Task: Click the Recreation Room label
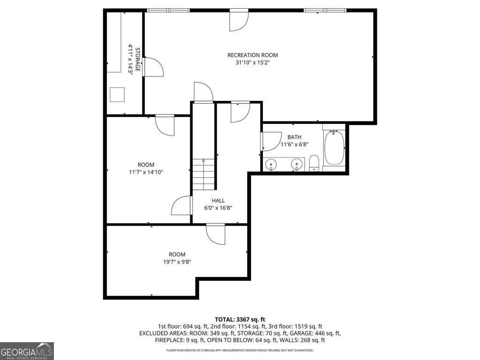(249, 55)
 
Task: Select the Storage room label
(138, 60)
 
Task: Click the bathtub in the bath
(334, 148)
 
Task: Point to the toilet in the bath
(314, 164)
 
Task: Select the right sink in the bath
(296, 164)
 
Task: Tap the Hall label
(218, 201)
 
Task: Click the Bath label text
(294, 137)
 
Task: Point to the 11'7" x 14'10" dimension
(146, 172)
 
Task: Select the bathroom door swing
(269, 142)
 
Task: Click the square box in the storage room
(118, 95)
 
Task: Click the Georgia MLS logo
(27, 351)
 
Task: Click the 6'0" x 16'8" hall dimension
(218, 208)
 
